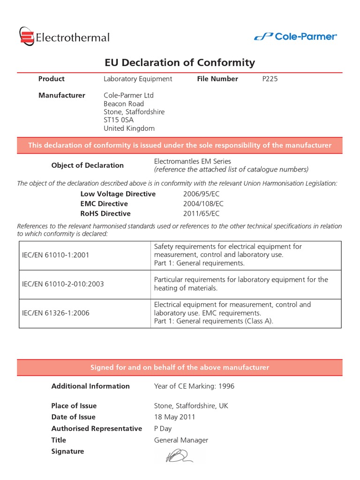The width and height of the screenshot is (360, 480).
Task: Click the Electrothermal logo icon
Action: click(x=27, y=37)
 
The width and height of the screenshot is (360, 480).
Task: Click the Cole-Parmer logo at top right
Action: click(x=295, y=37)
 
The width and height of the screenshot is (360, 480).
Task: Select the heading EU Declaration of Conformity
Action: click(x=179, y=62)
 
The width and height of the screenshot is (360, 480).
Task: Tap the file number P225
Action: click(x=270, y=79)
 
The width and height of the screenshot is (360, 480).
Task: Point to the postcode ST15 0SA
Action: click(x=119, y=120)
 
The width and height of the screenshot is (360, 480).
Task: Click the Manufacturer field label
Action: click(x=61, y=95)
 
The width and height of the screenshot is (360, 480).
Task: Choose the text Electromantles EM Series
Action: click(x=192, y=161)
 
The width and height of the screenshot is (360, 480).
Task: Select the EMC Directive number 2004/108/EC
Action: click(x=203, y=203)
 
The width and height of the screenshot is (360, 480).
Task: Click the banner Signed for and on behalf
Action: click(x=180, y=367)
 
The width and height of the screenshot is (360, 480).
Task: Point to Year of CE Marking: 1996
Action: click(x=194, y=386)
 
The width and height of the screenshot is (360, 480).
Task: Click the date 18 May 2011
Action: click(x=174, y=417)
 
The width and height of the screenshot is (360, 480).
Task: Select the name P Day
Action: click(x=163, y=428)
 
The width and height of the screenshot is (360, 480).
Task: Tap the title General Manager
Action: click(x=181, y=440)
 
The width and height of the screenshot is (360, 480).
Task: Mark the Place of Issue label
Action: click(x=74, y=405)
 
